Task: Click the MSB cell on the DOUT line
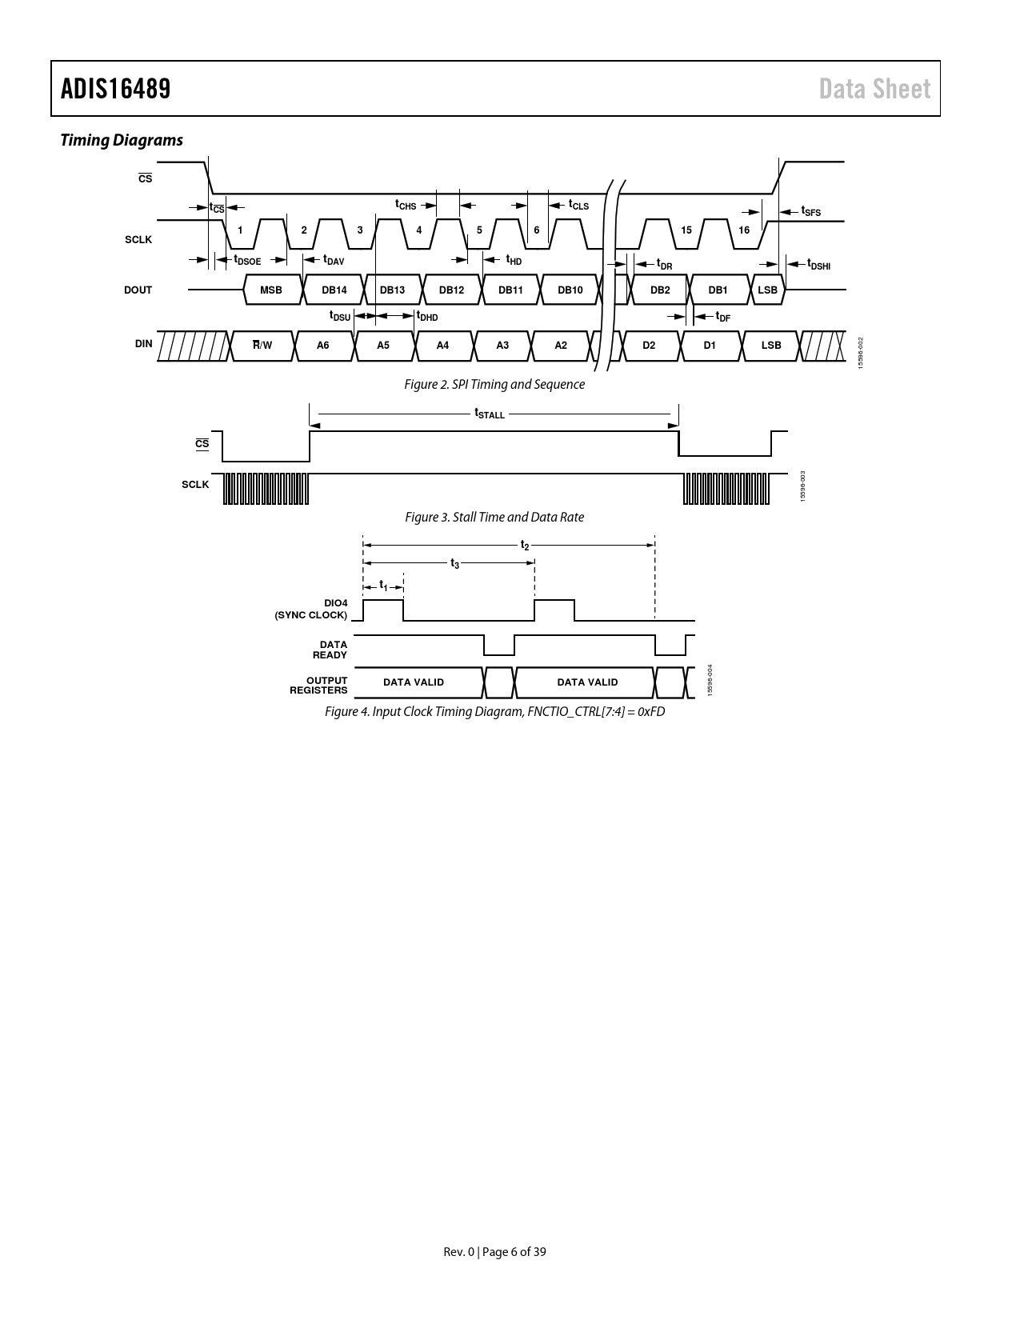coord(271,290)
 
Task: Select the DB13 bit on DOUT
coord(393,290)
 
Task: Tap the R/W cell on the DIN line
coord(262,346)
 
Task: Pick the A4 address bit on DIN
coord(442,346)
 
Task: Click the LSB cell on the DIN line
coord(771,346)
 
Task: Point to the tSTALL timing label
coord(490,414)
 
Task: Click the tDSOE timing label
coord(247,260)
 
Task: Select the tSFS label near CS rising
coord(811,211)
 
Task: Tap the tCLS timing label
coord(578,205)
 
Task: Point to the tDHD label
coord(427,316)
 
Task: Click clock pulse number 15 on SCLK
coord(686,230)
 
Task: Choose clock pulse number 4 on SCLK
coord(418,230)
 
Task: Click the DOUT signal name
coord(138,290)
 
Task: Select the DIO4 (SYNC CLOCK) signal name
coord(310,610)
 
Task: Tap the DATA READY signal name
coord(330,650)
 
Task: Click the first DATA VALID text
coord(414,682)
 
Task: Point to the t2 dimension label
coord(525,545)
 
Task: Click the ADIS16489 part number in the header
coord(115,89)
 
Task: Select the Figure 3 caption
coord(494,517)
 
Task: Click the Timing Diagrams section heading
coord(122,140)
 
